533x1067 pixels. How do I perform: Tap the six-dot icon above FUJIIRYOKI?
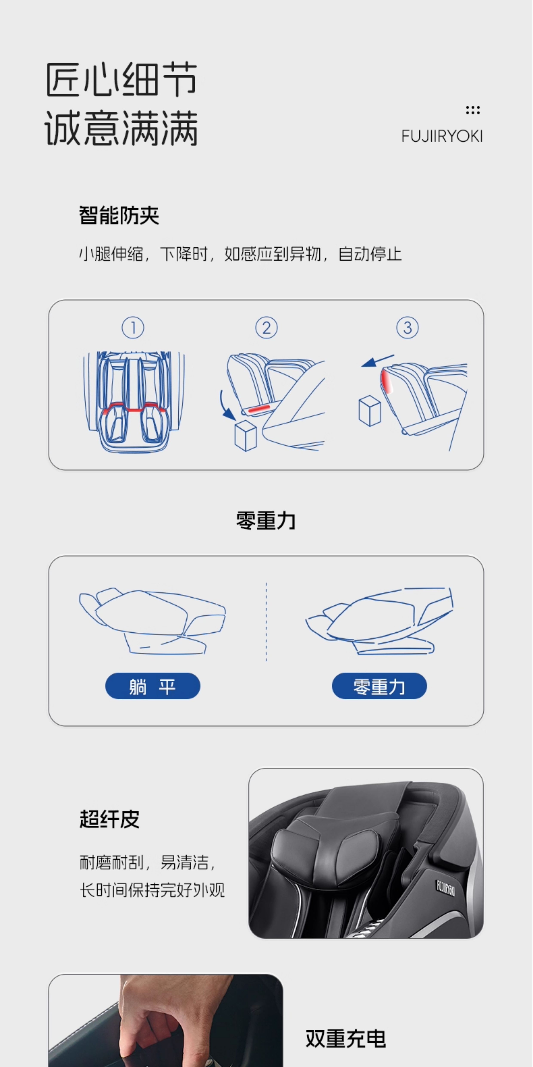tap(473, 110)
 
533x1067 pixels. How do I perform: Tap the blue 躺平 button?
tap(153, 686)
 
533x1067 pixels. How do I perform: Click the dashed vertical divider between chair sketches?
tap(266, 621)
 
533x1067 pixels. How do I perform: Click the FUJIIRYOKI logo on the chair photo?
tap(445, 888)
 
